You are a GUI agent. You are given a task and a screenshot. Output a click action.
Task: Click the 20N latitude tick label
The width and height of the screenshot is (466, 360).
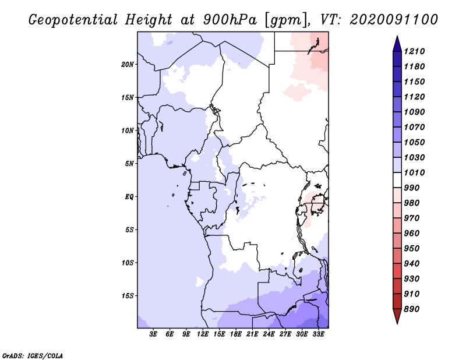pyautogui.click(x=128, y=64)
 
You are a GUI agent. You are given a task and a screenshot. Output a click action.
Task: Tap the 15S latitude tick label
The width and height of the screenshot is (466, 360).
pyautogui.click(x=128, y=296)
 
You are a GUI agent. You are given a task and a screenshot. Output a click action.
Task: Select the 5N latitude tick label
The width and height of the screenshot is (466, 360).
pyautogui.click(x=129, y=164)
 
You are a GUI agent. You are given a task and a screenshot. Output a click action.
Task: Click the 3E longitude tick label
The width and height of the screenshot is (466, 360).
pyautogui.click(x=154, y=334)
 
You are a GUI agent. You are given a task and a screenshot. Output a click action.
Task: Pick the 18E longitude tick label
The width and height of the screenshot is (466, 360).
pyautogui.click(x=236, y=334)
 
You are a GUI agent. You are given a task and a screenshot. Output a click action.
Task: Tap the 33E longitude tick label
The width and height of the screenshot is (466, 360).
pyautogui.click(x=319, y=334)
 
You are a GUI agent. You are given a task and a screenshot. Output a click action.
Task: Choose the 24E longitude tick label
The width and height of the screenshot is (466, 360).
pyautogui.click(x=269, y=334)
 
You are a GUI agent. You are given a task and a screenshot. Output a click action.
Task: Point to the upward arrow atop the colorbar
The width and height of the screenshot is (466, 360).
pyautogui.click(x=397, y=43)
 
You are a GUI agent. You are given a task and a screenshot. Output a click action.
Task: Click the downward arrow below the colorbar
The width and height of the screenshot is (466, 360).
pyautogui.click(x=397, y=317)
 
